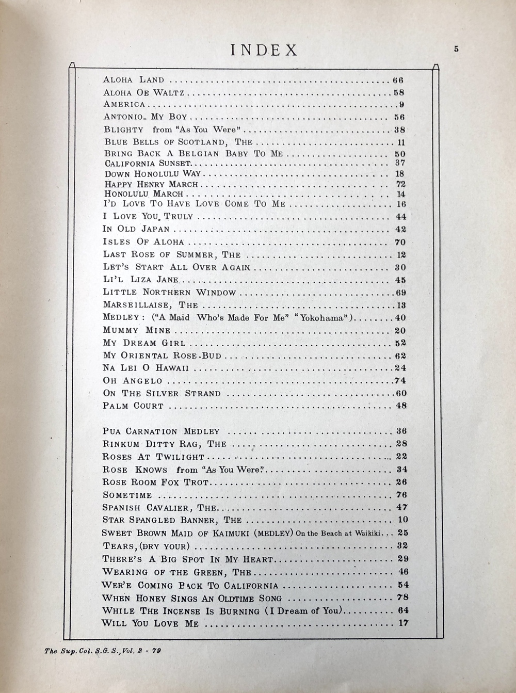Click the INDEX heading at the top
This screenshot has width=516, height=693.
pyautogui.click(x=264, y=50)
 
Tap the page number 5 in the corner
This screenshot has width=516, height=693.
pyautogui.click(x=456, y=50)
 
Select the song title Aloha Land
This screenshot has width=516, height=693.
pyautogui.click(x=134, y=80)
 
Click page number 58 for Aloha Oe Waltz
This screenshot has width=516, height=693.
pyautogui.click(x=398, y=93)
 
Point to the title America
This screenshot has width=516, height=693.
pyautogui.click(x=124, y=105)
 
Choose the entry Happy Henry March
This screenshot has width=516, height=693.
pyautogui.click(x=151, y=184)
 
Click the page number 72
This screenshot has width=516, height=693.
pyautogui.click(x=400, y=184)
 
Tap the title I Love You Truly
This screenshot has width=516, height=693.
pyautogui.click(x=148, y=217)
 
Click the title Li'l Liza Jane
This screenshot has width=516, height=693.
pyautogui.click(x=141, y=280)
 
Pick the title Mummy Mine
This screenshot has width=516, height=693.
pyautogui.click(x=137, y=330)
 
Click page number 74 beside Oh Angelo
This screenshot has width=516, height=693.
pyautogui.click(x=399, y=381)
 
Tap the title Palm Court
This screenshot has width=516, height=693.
pyautogui.click(x=133, y=406)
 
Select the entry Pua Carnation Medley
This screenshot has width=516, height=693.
pyautogui.click(x=161, y=431)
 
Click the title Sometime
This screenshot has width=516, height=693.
pyautogui.click(x=127, y=495)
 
